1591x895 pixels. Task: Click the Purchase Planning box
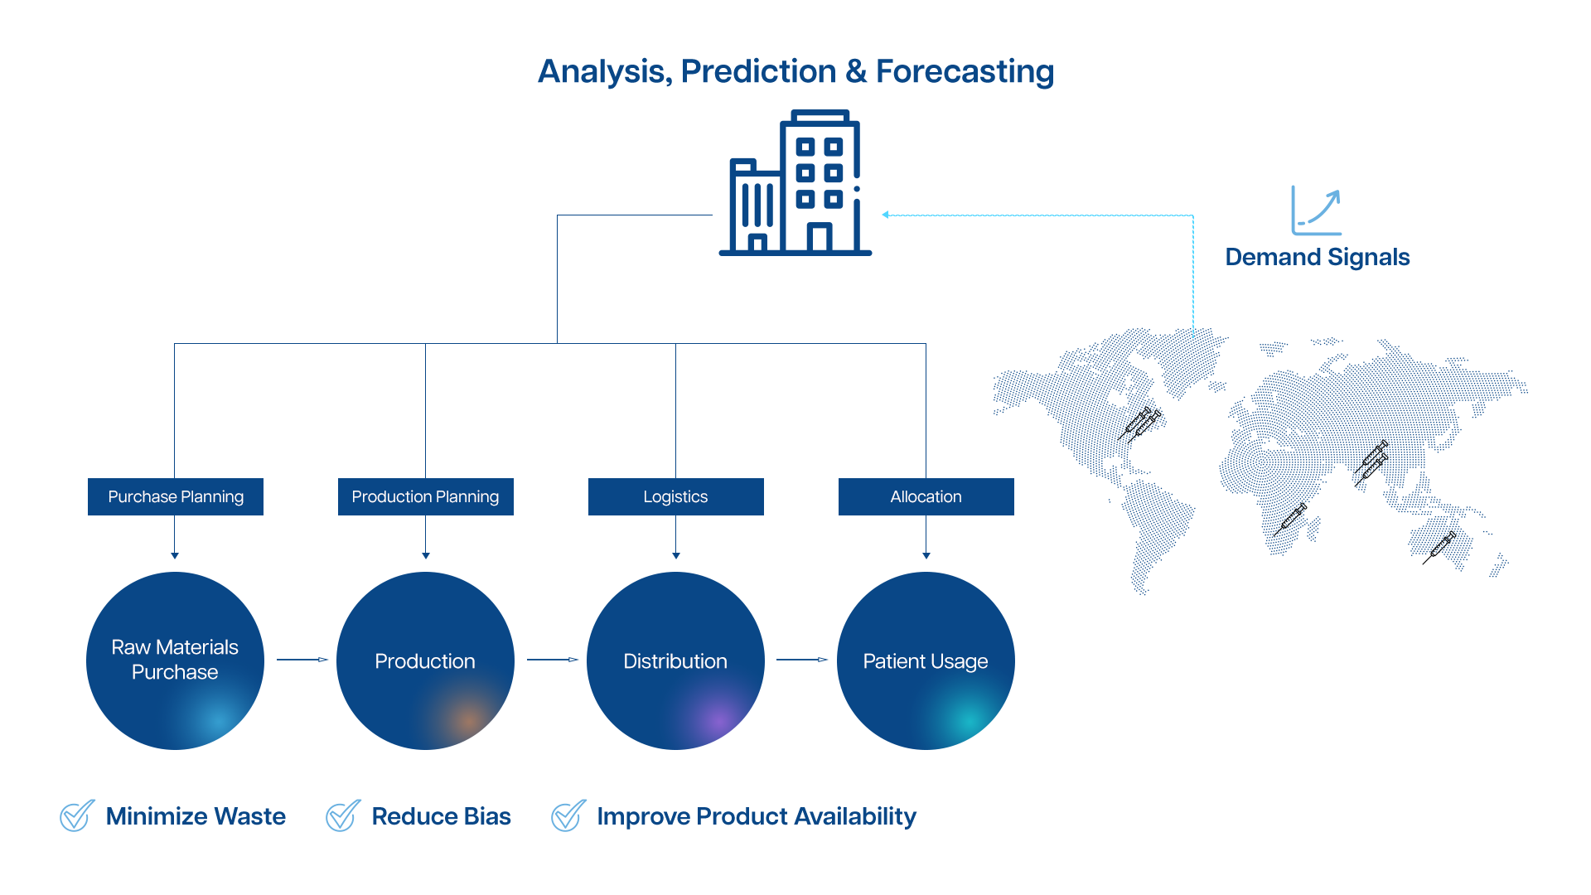pyautogui.click(x=176, y=496)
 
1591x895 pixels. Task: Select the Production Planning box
pyautogui.click(x=426, y=496)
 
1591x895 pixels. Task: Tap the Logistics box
pyautogui.click(x=676, y=496)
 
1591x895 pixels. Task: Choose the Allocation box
pyautogui.click(x=926, y=496)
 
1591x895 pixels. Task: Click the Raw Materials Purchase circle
pyautogui.click(x=175, y=660)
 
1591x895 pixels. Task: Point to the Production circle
pyautogui.click(x=425, y=660)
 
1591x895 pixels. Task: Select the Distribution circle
pyautogui.click(x=675, y=660)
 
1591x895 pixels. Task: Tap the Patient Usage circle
pyautogui.click(x=926, y=660)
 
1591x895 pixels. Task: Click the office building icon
pyautogui.click(x=795, y=182)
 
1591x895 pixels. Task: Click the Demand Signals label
pyautogui.click(x=1318, y=257)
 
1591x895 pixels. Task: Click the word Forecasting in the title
pyautogui.click(x=965, y=71)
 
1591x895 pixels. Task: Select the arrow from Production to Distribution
pyautogui.click(x=553, y=660)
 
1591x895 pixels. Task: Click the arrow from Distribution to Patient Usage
pyautogui.click(x=802, y=660)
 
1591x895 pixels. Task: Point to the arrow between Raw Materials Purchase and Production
pyautogui.click(x=302, y=660)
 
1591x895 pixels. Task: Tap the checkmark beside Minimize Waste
pyautogui.click(x=77, y=816)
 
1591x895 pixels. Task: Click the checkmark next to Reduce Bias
pyautogui.click(x=343, y=816)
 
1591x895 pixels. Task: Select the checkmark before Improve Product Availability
pyautogui.click(x=568, y=816)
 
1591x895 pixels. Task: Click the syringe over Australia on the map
pyautogui.click(x=1439, y=547)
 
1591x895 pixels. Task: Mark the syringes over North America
pyautogui.click(x=1139, y=423)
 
